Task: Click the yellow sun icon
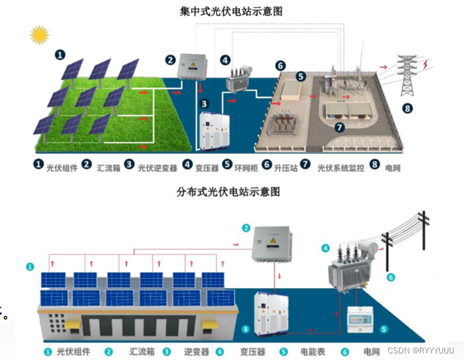click(39, 34)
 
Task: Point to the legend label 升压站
click(286, 168)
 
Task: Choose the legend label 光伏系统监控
click(340, 168)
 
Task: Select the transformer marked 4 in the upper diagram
click(241, 80)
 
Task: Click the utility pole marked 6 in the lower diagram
click(422, 244)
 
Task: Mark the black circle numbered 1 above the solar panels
click(61, 55)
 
